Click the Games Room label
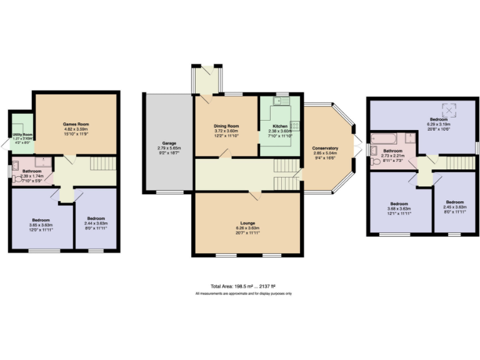click(74, 124)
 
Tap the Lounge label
click(248, 222)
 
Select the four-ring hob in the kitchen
click(296, 126)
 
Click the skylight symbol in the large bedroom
click(449, 110)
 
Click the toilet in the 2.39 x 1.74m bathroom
click(16, 177)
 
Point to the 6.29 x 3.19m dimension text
click(437, 124)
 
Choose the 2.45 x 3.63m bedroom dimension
click(454, 207)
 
